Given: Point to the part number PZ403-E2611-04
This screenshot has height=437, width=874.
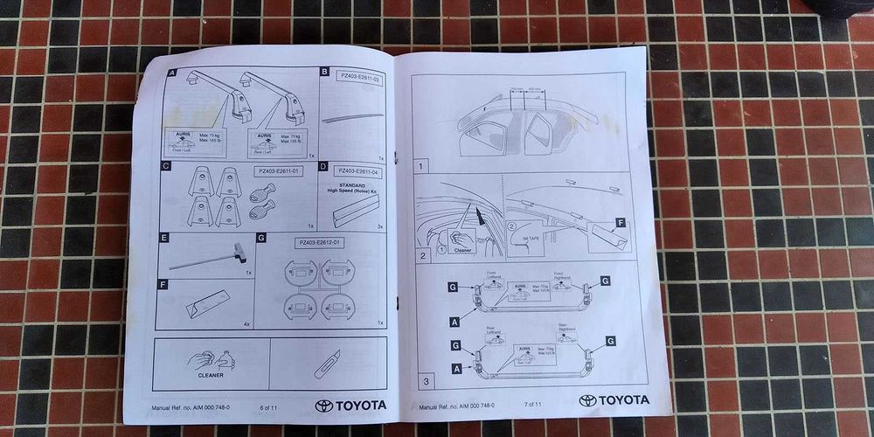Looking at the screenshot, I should click(x=358, y=171).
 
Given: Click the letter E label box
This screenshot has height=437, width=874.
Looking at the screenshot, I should click(x=164, y=238).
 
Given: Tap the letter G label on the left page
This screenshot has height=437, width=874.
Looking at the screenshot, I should click(x=260, y=238).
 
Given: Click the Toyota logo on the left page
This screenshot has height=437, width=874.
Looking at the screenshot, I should click(x=352, y=406).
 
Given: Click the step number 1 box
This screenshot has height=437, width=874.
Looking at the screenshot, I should click(x=421, y=164).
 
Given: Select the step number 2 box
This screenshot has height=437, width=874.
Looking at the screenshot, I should click(x=423, y=256).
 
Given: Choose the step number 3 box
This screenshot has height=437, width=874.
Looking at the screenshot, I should click(x=425, y=381).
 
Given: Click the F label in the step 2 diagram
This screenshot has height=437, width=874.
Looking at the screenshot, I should click(x=621, y=223).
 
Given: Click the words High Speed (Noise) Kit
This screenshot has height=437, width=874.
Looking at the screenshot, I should click(x=356, y=190).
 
